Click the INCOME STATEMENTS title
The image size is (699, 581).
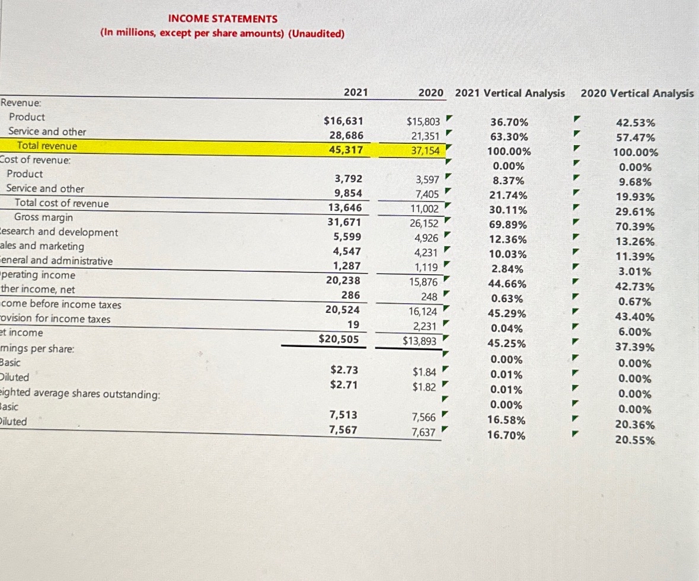[x=222, y=19]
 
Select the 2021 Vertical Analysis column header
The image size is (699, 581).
[x=510, y=93]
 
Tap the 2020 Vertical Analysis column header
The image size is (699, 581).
[x=637, y=93]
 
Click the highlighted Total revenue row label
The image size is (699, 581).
[x=47, y=146]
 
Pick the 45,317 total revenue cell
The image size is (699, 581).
[x=346, y=150]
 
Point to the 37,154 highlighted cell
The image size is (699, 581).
[x=423, y=150]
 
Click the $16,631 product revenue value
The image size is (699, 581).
[x=343, y=121]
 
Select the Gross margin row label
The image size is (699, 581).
[x=43, y=217]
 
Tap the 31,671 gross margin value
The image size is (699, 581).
[x=344, y=222]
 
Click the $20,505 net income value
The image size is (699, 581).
[x=339, y=338]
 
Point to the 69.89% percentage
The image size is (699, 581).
[x=508, y=225]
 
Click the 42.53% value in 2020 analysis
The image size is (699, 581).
[x=636, y=123]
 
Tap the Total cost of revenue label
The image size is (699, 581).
[x=62, y=203]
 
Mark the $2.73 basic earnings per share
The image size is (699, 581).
[x=344, y=370]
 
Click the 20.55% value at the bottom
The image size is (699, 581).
[x=636, y=441]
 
